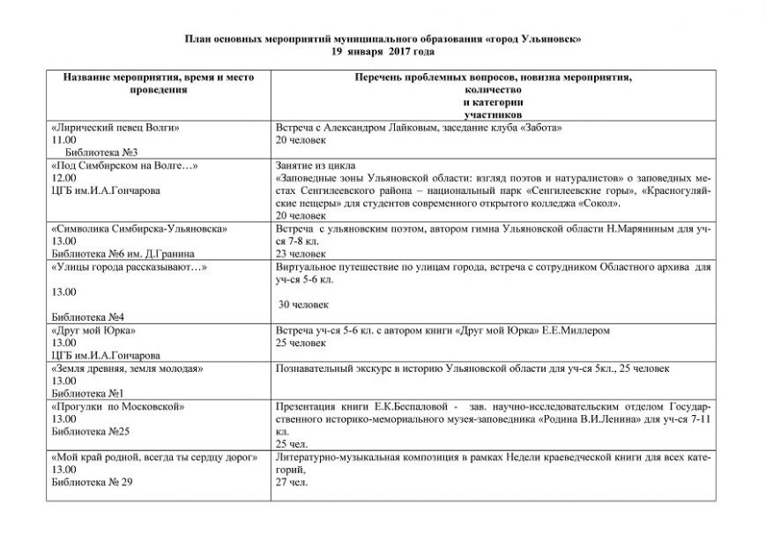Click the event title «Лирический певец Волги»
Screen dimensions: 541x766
116,127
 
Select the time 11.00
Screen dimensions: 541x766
64,139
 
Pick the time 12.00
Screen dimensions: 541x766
64,177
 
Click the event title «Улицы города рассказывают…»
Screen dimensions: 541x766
130,266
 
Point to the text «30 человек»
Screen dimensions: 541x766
304,304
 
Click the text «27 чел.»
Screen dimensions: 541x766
292,483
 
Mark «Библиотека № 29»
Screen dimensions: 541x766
92,483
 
